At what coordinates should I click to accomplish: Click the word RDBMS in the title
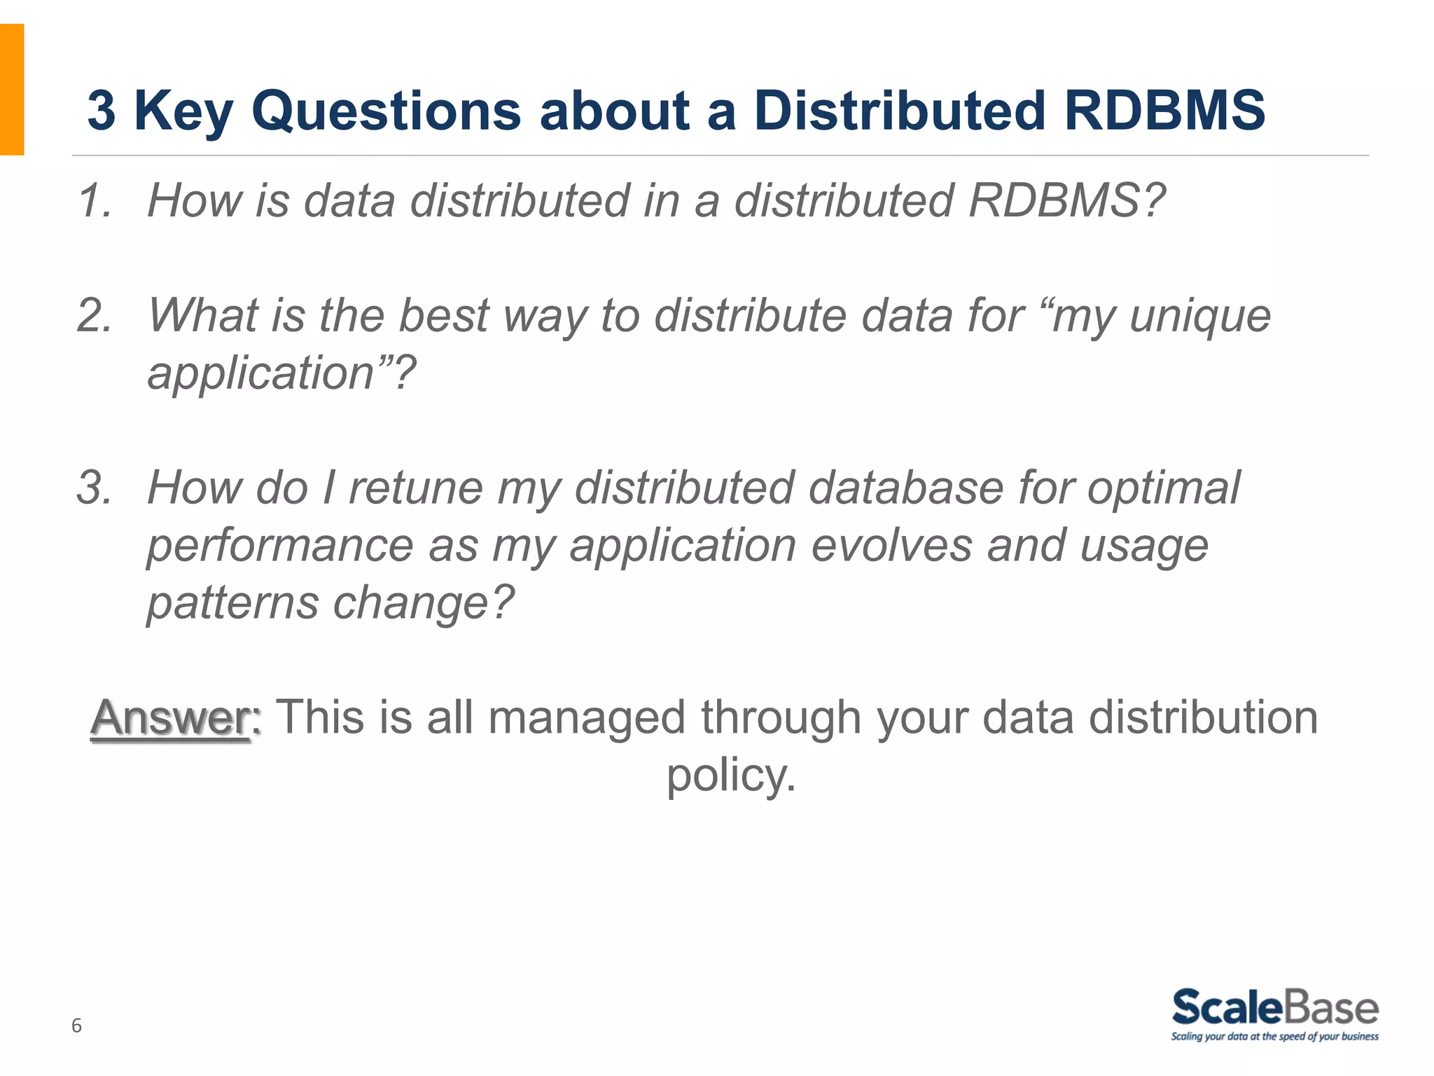click(1164, 111)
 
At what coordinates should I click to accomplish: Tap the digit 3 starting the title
click(101, 111)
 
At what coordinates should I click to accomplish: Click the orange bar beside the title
click(12, 89)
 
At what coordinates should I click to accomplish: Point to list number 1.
click(95, 201)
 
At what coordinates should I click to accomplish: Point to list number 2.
click(95, 315)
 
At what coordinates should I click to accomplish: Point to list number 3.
click(95, 488)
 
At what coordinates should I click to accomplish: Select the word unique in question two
click(1200, 317)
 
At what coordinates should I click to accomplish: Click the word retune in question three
click(416, 488)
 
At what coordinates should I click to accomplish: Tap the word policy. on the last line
click(730, 776)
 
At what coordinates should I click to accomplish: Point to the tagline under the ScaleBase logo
click(1274, 1037)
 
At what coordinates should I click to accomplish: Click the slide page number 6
click(76, 1026)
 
